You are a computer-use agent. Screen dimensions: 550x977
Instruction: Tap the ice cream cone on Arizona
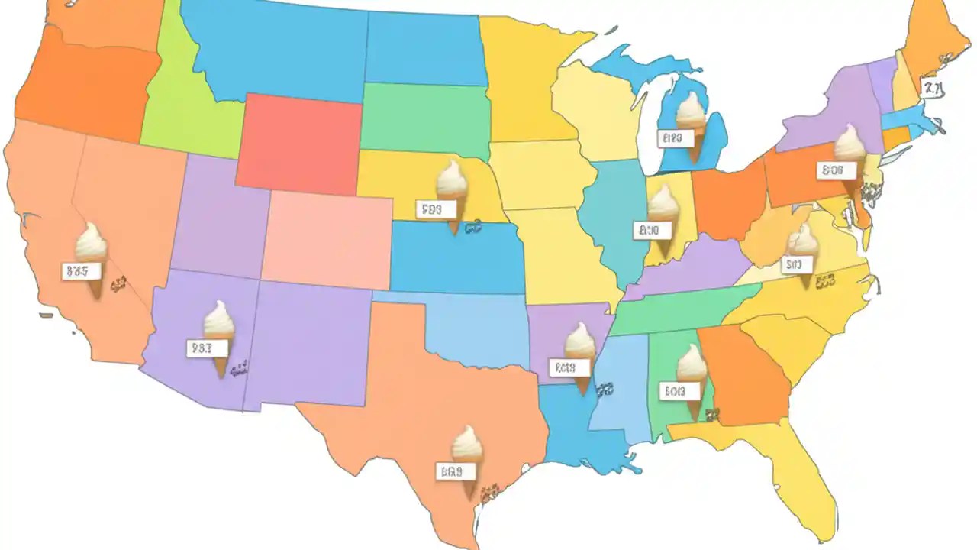pos(219,336)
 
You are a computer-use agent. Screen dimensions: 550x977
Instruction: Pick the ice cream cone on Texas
pos(467,458)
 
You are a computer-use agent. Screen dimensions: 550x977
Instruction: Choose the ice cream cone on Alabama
pos(692,377)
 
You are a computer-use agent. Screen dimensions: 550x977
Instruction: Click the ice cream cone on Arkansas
pos(580,356)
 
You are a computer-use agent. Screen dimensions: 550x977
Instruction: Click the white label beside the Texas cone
pos(449,471)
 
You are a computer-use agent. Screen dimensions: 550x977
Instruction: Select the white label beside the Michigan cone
pos(672,138)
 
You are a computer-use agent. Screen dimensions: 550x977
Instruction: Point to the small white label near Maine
pos(931,89)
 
